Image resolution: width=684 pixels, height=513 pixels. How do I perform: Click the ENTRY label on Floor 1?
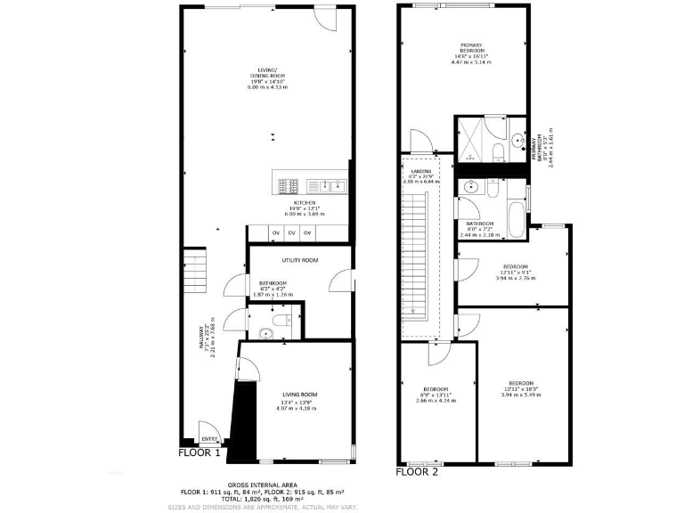209,439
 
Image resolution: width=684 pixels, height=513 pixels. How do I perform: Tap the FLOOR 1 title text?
199,452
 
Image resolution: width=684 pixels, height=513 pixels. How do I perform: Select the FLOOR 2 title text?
417,472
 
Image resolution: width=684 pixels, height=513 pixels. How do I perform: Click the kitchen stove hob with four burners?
289,186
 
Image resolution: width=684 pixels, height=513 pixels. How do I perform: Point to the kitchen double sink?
327,186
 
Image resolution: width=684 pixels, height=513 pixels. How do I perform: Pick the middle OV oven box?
291,232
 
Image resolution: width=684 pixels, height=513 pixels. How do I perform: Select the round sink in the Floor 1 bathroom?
265,334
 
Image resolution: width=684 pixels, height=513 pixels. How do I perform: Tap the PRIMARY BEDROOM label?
471,48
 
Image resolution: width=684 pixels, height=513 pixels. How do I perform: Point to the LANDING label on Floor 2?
421,171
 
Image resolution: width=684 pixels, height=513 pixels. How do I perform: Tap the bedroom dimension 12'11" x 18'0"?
521,388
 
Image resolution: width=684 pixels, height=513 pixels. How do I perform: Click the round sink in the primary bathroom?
517,140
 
